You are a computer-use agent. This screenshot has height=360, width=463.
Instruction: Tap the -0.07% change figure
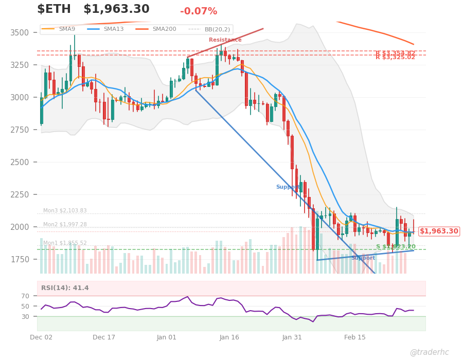tap(199, 11)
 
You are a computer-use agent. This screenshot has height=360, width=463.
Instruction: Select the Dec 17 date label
tap(104, 337)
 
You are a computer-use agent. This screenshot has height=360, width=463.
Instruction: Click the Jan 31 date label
tap(292, 337)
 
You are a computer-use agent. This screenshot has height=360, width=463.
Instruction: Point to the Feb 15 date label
tap(354, 337)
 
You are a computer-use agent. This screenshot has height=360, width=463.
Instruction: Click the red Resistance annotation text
tap(225, 40)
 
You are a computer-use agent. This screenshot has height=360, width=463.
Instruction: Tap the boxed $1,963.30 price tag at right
tap(438, 231)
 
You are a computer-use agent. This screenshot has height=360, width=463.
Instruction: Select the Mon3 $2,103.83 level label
tap(65, 211)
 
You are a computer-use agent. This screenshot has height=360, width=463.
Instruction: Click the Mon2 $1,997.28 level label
tap(65, 225)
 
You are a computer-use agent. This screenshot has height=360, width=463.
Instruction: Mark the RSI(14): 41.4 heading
tap(65, 288)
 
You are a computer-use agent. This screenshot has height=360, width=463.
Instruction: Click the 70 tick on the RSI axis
tap(26, 296)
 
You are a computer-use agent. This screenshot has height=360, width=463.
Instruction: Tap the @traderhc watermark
tap(429, 352)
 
